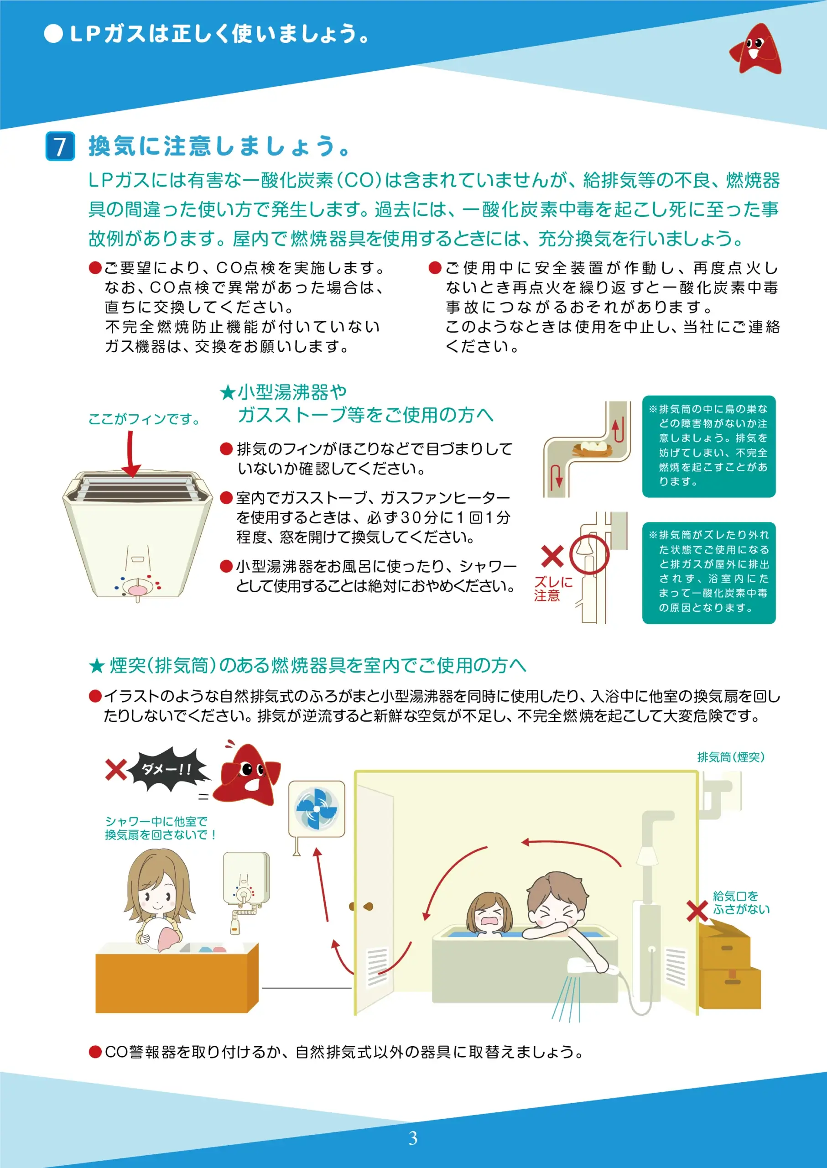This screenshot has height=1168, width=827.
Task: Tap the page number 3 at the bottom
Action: (x=413, y=1138)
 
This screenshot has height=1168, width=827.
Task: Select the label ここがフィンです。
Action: (x=144, y=419)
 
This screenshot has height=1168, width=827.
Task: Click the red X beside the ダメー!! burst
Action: (x=116, y=770)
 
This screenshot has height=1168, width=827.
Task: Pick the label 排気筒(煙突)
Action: (x=731, y=757)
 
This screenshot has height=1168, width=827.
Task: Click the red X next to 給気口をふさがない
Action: (x=697, y=911)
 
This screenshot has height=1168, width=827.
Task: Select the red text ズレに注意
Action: (x=553, y=589)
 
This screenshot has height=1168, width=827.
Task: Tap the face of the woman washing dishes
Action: (x=158, y=896)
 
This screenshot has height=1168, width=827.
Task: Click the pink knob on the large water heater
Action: (x=137, y=590)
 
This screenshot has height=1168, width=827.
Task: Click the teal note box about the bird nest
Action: (x=709, y=446)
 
